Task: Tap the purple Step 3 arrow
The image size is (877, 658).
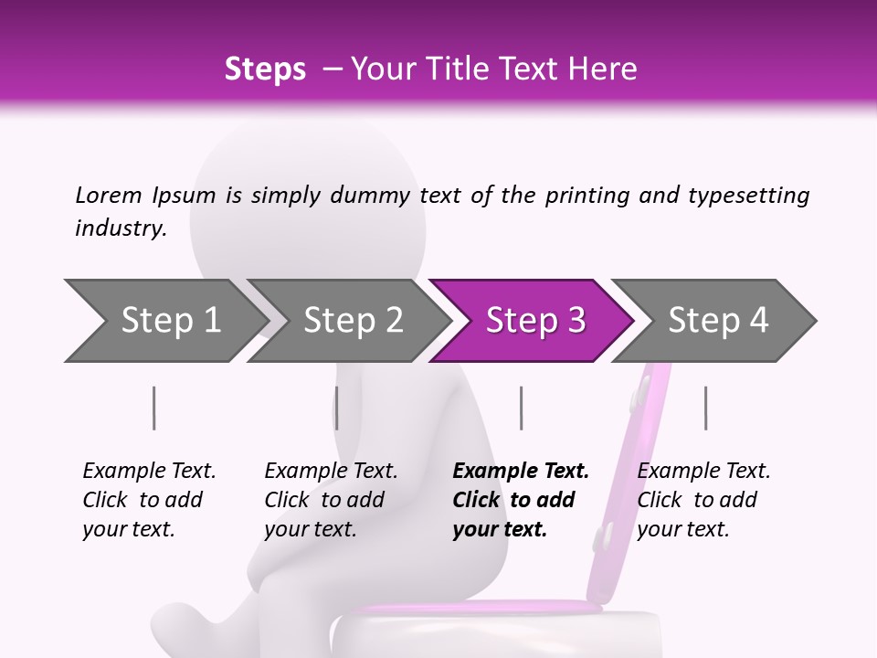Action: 535,321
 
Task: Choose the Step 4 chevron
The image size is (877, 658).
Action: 718,321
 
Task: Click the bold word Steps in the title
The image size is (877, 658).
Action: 265,69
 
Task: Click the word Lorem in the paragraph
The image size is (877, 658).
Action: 108,195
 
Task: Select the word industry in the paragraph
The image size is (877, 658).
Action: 121,228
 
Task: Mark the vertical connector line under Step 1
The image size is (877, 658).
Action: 153,408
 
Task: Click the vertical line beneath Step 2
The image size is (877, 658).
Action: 336,408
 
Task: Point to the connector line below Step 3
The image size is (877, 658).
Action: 521,408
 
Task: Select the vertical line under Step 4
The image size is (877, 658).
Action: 705,408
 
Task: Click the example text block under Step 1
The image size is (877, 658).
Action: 148,500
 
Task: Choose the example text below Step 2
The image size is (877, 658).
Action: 330,500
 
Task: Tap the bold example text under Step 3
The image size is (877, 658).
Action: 520,500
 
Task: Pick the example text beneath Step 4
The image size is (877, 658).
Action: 703,500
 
